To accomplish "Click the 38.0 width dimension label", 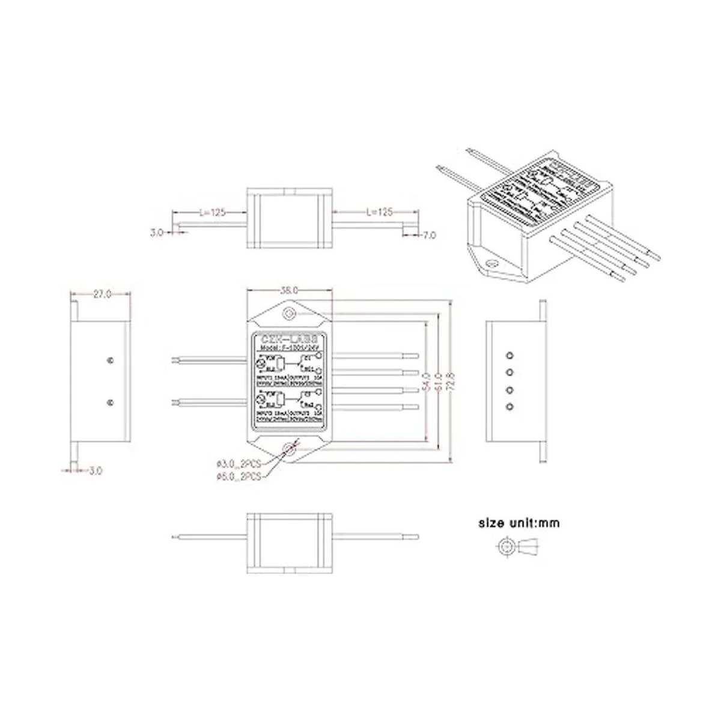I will click(290, 290).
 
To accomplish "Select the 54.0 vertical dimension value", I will click(425, 382).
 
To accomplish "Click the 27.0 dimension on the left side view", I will click(101, 294).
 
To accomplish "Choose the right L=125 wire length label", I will click(379, 212).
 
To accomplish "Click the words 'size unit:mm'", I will click(519, 523).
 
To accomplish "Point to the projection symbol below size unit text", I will click(519, 546).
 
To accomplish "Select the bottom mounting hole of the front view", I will click(290, 448).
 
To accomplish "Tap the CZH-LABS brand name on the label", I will click(290, 339).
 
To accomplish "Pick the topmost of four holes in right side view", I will click(510, 354).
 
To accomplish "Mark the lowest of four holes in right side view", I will click(510, 407).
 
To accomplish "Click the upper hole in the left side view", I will click(110, 360).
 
